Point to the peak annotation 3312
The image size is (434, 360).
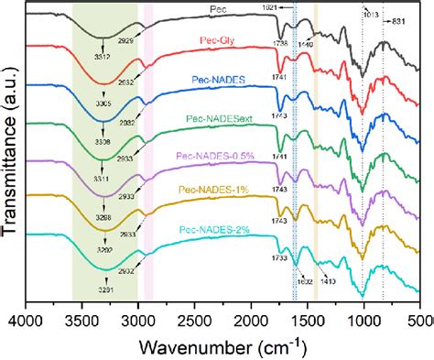pyautogui.click(x=103, y=58)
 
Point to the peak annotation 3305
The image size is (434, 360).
pyautogui.click(x=103, y=105)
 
